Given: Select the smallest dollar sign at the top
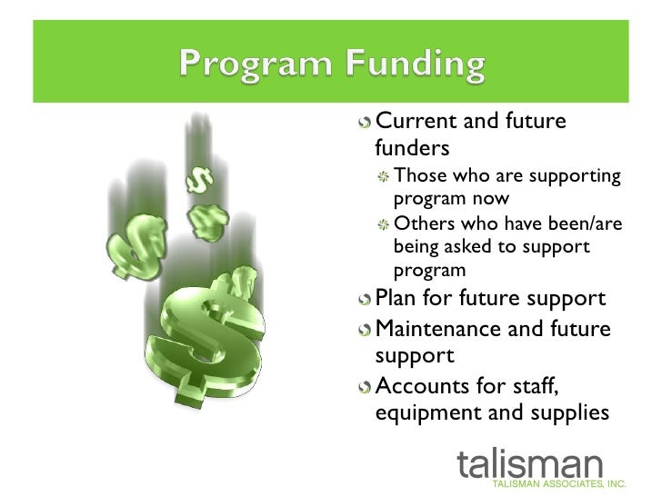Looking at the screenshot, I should tap(195, 178).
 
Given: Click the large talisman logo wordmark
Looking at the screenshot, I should tap(530, 461).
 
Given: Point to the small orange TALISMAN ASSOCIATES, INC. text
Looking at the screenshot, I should tap(573, 485).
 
